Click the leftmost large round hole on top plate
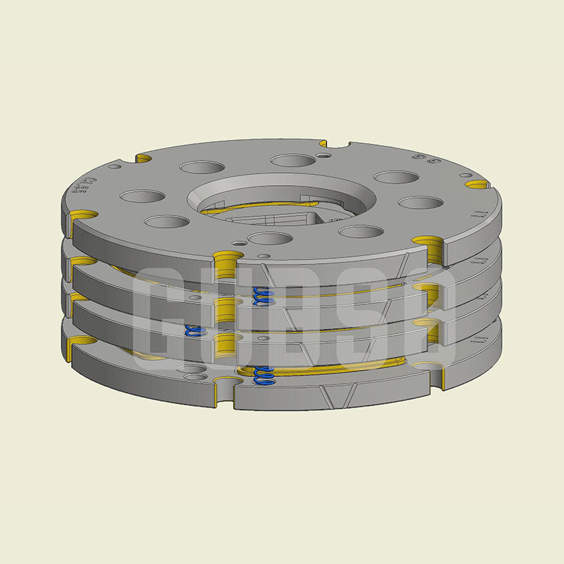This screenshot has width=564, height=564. [142, 197]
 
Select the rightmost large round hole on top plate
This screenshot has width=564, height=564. [421, 203]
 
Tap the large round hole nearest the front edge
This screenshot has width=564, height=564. [270, 239]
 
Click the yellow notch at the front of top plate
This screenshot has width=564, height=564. [227, 258]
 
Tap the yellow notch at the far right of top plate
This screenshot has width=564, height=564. [477, 184]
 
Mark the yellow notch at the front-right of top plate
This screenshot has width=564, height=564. [429, 244]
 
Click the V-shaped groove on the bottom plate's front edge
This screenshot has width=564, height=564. [338, 395]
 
